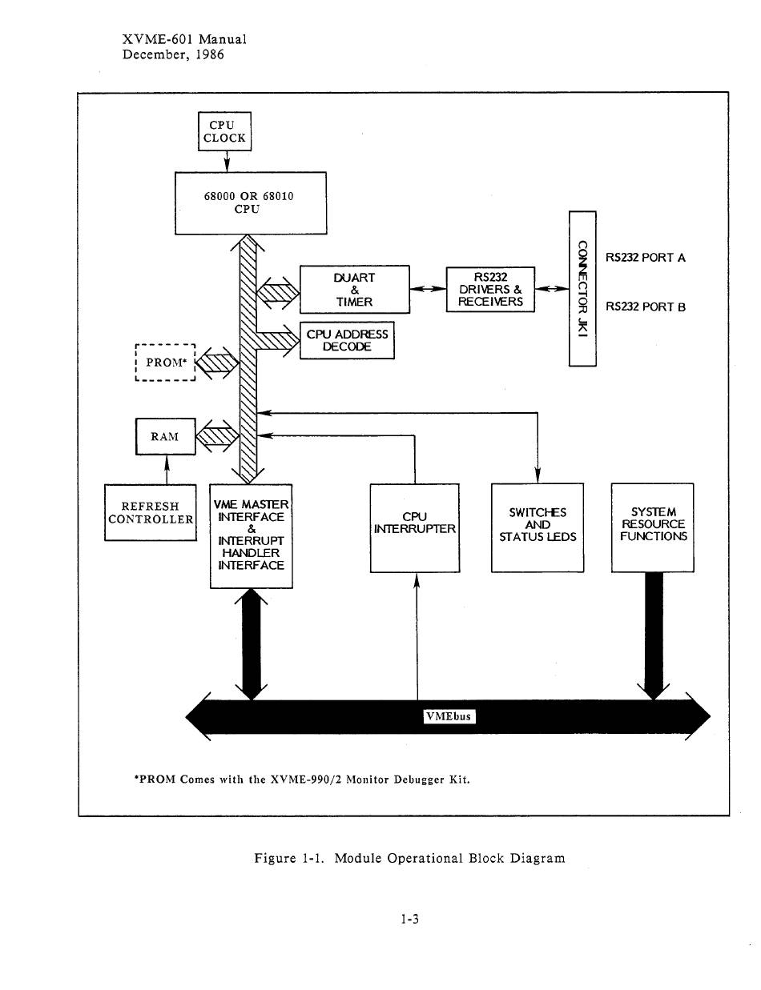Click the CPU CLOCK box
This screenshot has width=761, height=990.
tap(224, 131)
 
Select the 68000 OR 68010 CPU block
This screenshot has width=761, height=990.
tap(250, 202)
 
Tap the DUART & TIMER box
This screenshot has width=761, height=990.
tap(354, 289)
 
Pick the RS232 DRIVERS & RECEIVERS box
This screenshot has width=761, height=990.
tap(490, 289)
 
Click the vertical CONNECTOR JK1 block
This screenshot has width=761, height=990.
tap(582, 288)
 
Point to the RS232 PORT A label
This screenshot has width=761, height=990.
tap(645, 258)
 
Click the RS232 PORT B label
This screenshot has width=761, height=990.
tap(645, 307)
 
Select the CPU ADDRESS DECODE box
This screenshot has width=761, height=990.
tap(347, 340)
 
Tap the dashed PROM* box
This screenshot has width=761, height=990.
tap(165, 363)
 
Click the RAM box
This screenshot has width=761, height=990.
tap(166, 436)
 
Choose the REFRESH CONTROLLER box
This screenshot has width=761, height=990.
tap(151, 512)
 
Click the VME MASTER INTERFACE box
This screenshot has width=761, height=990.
tap(251, 535)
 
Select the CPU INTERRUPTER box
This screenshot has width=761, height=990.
tap(414, 528)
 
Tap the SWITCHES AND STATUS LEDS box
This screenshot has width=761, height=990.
tap(538, 527)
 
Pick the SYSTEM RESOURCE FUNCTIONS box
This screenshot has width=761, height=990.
tap(653, 527)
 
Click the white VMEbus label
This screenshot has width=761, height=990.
tap(449, 716)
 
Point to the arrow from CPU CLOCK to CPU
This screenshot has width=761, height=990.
tap(227, 162)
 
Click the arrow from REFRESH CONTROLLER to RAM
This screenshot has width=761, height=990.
tap(167, 469)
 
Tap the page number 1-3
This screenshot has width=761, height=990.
tap(409, 919)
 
